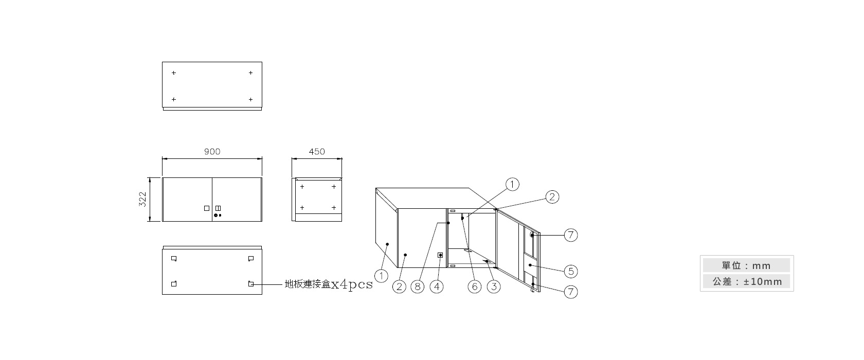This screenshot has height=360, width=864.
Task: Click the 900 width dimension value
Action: point(212,152)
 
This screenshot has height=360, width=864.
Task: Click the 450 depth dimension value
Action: point(317,152)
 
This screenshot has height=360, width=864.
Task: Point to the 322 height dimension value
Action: point(143,199)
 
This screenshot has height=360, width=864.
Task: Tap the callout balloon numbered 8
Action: point(418,286)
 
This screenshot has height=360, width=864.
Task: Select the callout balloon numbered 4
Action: point(437,286)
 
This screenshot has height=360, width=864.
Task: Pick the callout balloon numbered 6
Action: point(474,286)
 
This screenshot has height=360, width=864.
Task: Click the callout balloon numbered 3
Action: point(494,286)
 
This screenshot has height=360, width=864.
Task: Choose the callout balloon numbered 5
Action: point(571,271)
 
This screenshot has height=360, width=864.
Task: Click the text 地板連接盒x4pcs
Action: point(329,284)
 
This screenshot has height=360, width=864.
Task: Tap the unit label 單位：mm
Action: point(746,265)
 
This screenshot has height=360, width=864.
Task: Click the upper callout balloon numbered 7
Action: point(571,235)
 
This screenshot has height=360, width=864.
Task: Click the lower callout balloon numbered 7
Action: point(571,292)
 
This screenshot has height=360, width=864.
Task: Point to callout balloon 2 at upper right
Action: point(552,197)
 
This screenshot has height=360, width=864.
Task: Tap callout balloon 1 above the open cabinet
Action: point(512,185)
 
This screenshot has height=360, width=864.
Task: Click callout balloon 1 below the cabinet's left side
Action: point(381,276)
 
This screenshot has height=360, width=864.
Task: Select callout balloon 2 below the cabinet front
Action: point(399,286)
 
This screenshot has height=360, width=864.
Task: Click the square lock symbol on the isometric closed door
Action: point(440,255)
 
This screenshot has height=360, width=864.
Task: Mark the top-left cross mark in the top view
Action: point(174,73)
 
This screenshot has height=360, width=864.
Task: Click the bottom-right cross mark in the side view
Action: point(334,208)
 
